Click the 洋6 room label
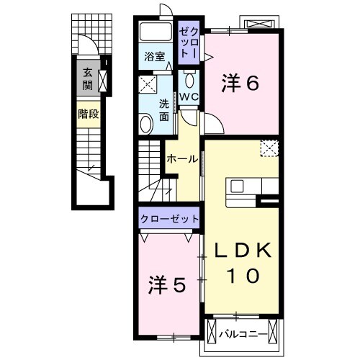(x=239, y=84)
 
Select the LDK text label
(x=242, y=251)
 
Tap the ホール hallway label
(x=181, y=159)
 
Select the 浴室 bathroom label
(x=153, y=56)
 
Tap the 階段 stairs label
(x=88, y=114)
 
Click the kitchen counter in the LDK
(x=243, y=186)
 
